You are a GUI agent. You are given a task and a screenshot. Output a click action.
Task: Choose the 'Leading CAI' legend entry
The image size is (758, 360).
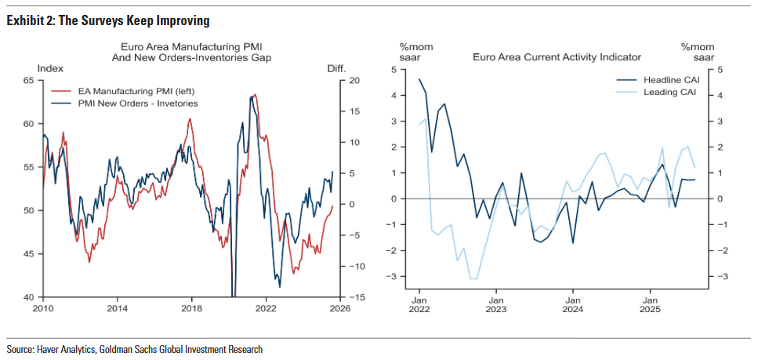[x=669, y=92]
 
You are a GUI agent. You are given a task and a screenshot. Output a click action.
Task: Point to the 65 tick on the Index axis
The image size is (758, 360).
[x=28, y=80]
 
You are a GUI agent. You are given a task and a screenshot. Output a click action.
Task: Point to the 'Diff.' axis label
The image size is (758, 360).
[x=337, y=69]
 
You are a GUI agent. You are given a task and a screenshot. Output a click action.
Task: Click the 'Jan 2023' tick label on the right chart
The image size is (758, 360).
[x=495, y=304]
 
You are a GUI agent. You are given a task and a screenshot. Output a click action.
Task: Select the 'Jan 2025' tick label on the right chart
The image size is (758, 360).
[x=650, y=304]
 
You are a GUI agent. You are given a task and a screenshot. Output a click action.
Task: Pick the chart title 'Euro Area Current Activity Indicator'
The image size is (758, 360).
[x=557, y=57]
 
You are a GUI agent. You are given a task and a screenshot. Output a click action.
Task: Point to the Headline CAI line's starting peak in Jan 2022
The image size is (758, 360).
[x=419, y=78]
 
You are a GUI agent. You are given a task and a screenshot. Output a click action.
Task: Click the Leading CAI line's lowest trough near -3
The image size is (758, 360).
[x=473, y=278]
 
